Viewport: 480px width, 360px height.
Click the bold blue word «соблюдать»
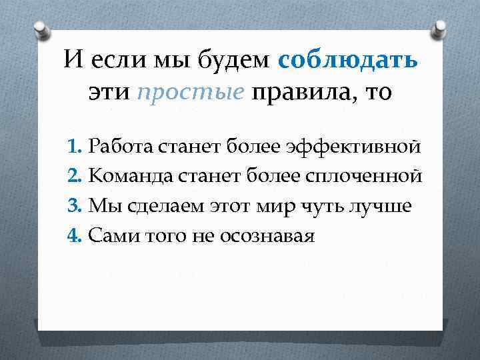click(x=349, y=61)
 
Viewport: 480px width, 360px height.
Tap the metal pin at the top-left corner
click(x=41, y=30)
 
